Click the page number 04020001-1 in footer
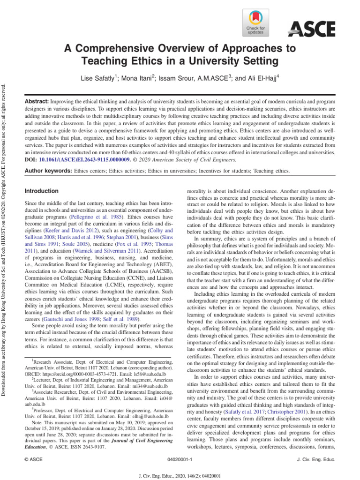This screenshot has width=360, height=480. (180, 460)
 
